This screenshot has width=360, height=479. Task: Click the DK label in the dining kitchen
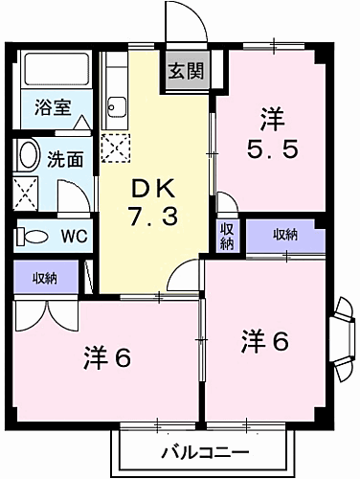coord(152,189)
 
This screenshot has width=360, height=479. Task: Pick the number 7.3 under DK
coord(152,217)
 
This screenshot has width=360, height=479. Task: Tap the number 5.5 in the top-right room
coord(268,149)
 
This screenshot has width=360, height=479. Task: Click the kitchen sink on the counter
coord(117,106)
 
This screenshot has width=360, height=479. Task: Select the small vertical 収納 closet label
coord(227,236)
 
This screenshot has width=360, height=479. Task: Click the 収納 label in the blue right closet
coord(283,234)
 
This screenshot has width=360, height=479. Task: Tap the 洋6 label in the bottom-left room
coord(106,358)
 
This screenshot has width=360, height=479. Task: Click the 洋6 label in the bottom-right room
coord(265,339)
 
